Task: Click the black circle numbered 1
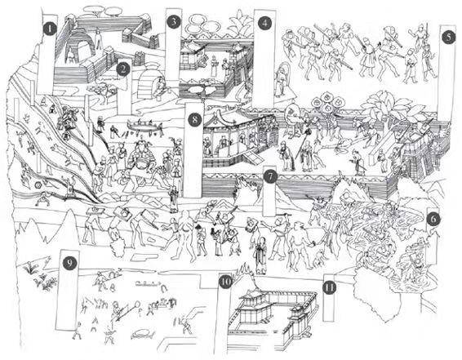[51, 29]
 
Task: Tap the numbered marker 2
[123, 69]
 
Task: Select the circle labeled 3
[174, 22]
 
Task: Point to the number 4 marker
[264, 23]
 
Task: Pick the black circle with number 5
[448, 38]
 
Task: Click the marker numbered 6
[433, 219]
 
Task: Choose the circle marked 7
[270, 177]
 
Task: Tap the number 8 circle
[195, 120]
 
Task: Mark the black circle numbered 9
[69, 263]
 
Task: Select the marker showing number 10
[225, 282]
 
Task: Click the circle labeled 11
[330, 287]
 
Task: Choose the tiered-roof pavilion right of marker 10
[254, 306]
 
